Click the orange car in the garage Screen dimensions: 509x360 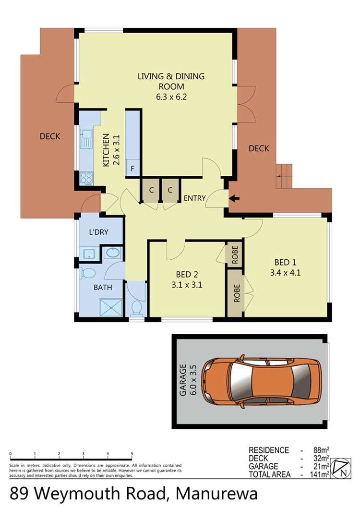262,382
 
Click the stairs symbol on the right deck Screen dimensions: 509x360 284,176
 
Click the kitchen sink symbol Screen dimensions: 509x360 86,139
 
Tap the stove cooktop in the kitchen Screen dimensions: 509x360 86,178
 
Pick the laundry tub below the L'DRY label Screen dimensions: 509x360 89,254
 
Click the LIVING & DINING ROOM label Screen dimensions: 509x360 171,81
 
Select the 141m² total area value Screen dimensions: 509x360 321,475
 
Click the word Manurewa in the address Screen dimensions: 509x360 216,494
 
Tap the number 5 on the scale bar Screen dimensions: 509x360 132,453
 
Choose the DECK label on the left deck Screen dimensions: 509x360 50,136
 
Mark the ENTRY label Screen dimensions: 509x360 195,198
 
